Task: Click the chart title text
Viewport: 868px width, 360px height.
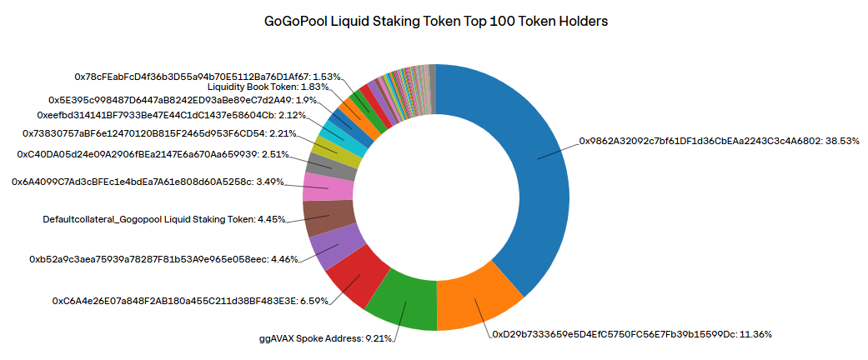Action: [x=435, y=22]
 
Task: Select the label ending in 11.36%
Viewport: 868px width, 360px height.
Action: [x=631, y=334]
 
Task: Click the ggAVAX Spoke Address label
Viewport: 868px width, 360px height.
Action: [x=326, y=338]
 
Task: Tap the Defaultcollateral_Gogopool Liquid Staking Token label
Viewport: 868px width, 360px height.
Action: [x=164, y=219]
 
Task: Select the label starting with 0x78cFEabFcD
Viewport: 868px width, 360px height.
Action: [x=208, y=76]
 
